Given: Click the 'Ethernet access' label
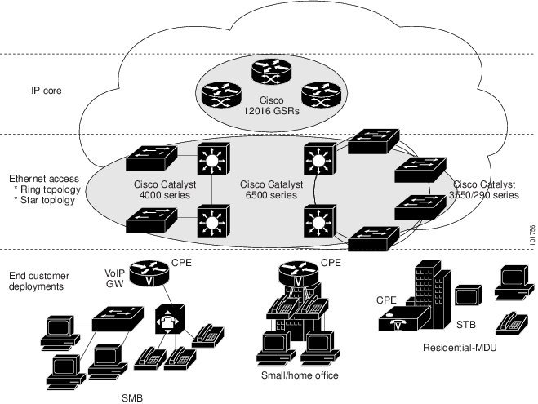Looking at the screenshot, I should pyautogui.click(x=43, y=178).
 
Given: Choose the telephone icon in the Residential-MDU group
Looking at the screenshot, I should pyautogui.click(x=512, y=322).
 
